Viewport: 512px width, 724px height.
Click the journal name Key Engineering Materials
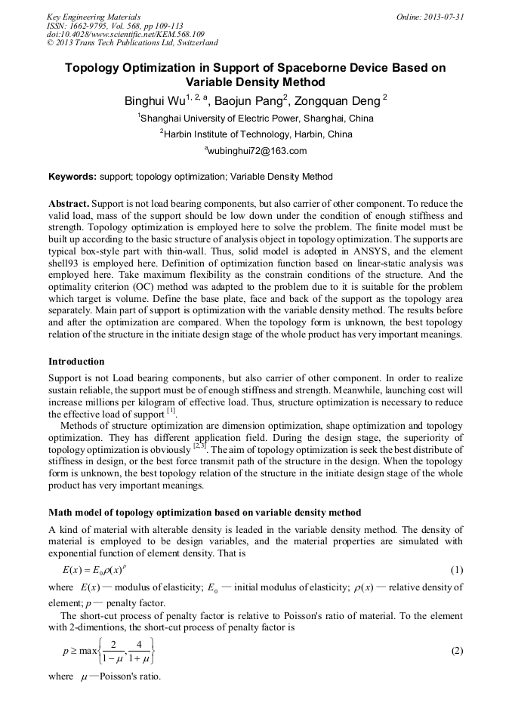tap(94, 16)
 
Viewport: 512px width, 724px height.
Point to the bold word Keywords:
tap(72, 177)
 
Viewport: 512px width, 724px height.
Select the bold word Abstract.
tap(69, 205)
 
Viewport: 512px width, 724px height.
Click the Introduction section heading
tap(76, 362)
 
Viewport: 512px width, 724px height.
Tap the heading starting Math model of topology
tap(204, 513)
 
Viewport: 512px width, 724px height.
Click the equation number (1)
tap(456, 570)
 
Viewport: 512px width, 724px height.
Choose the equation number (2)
tap(456, 651)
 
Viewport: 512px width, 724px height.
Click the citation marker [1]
tap(171, 411)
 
